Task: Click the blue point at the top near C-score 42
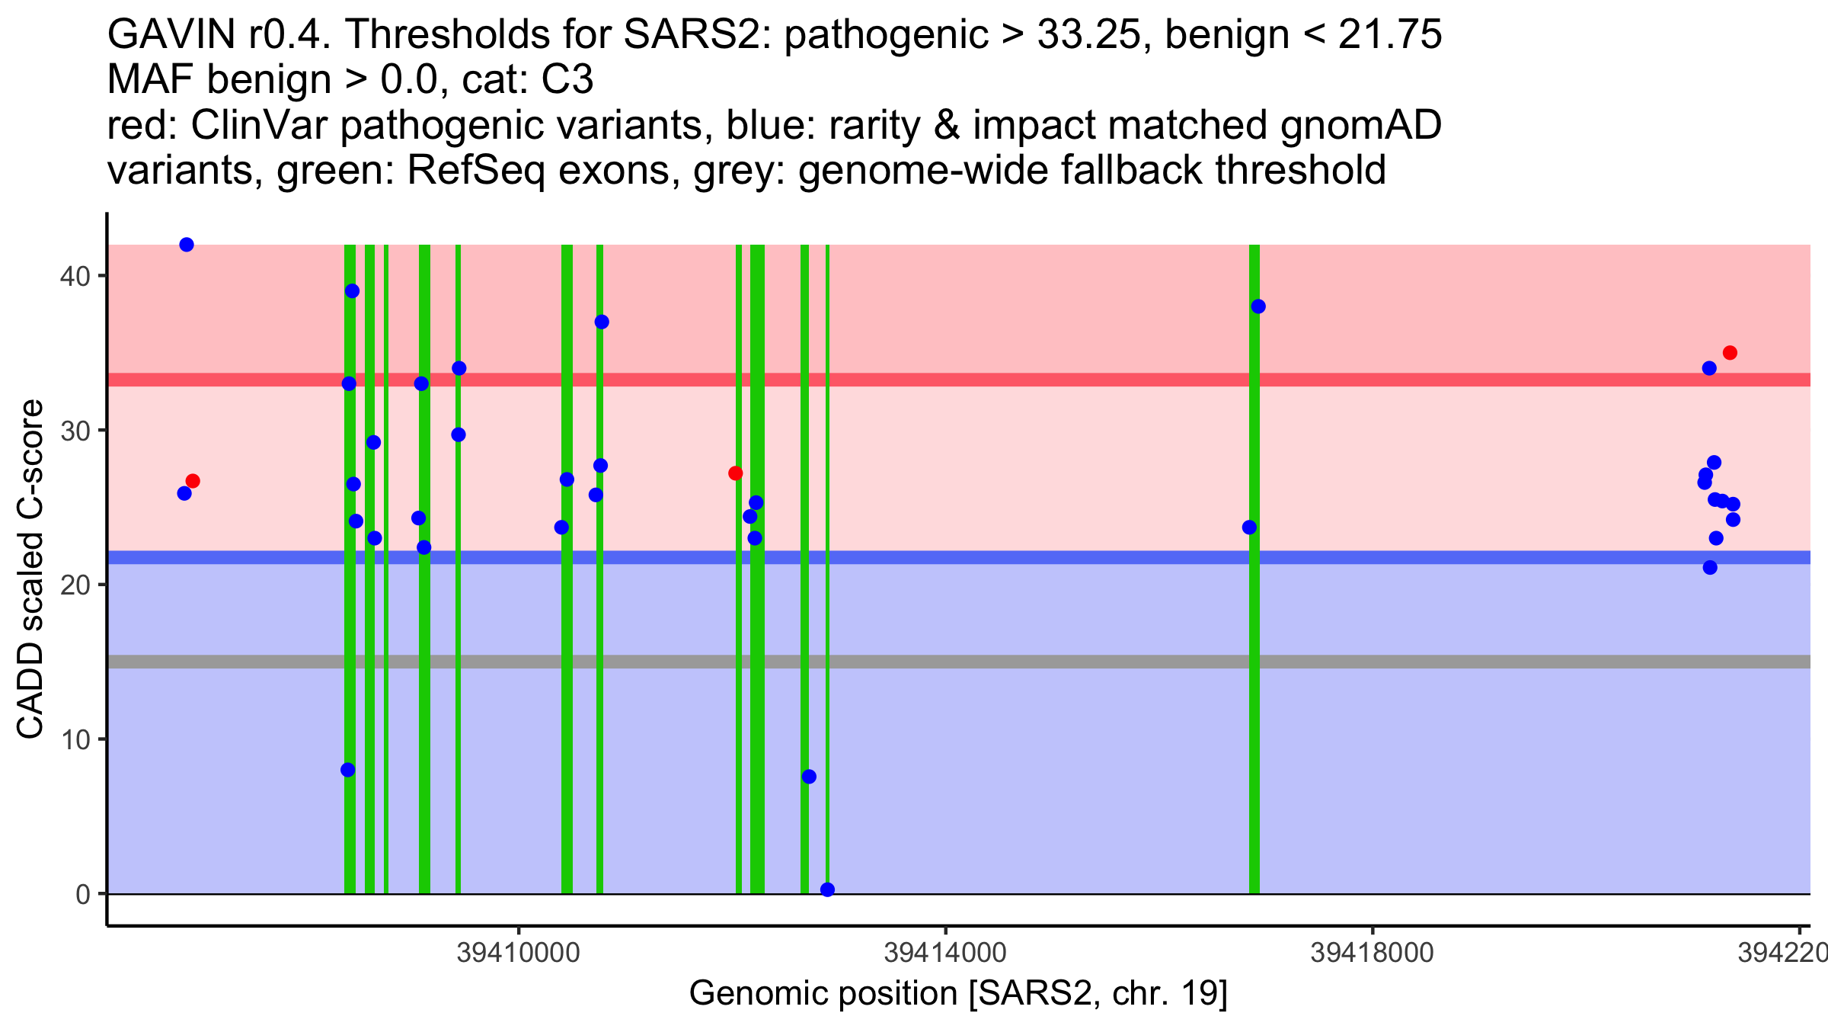pos(187,245)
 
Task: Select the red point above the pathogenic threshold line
pos(1730,353)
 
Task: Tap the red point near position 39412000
pos(735,473)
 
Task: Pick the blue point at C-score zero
pos(828,890)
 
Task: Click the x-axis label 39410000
pos(518,953)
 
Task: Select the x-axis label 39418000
pos(1372,953)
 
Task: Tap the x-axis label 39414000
pos(945,953)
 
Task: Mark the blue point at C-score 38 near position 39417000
pos(1258,306)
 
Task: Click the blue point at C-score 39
pos(352,291)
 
